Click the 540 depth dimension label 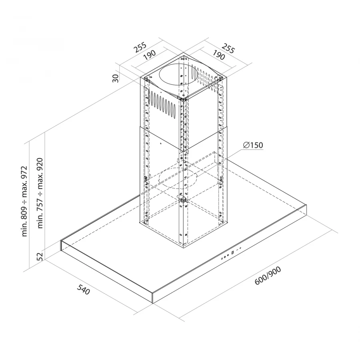click(83, 289)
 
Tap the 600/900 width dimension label click(268, 276)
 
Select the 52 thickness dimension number click(40, 256)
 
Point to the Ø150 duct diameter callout click(253, 145)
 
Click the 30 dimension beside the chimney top click(116, 78)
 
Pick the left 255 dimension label click(140, 47)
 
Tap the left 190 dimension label click(150, 55)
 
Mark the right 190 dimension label click(218, 55)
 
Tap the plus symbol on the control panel click(240, 248)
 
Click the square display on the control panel click(233, 252)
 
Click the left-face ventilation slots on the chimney click(162, 103)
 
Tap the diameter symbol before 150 click(246, 145)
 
